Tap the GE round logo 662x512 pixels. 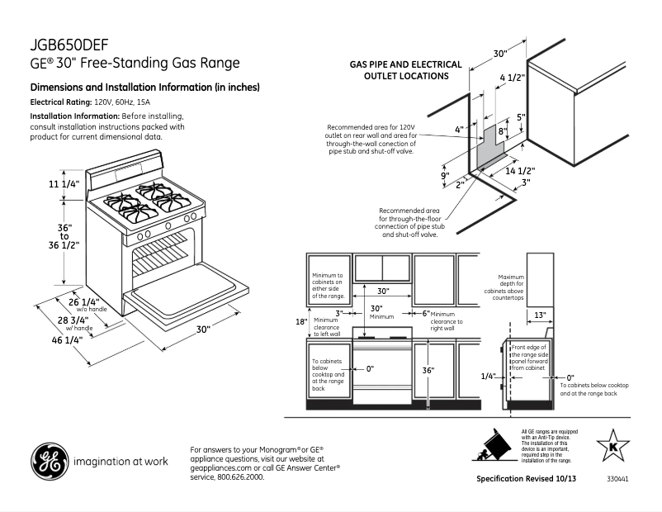pos(48,462)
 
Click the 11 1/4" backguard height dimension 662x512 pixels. pos(64,184)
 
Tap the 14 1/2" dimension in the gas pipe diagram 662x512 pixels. pos(521,171)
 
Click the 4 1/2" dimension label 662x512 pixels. pos(513,78)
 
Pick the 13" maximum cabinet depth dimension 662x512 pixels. pos(539,315)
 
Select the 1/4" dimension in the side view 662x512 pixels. pos(489,376)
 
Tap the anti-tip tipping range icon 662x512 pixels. pos(495,447)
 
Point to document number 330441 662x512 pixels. pos(617,479)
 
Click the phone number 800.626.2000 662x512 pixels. pos(241,477)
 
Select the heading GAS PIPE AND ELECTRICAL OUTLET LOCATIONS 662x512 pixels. pos(400,69)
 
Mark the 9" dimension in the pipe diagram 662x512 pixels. pos(443,176)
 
